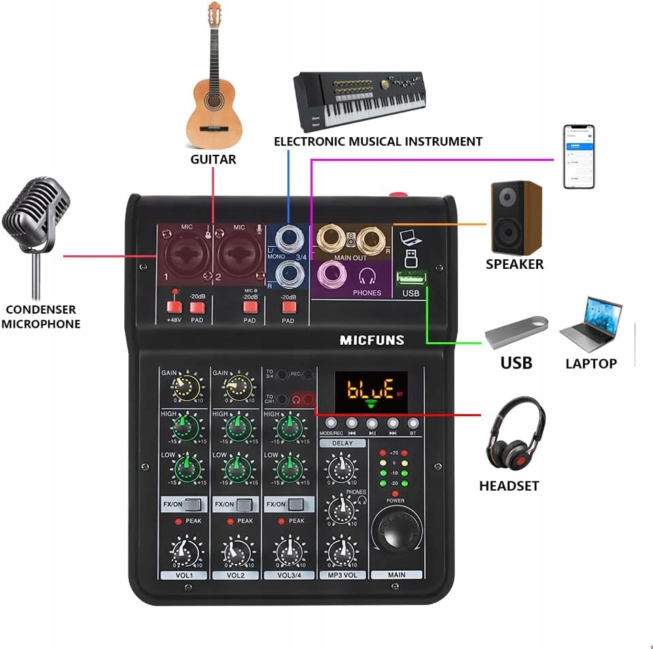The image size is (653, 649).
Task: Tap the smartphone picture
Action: pyautogui.click(x=578, y=156)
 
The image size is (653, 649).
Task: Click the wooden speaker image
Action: pyautogui.click(x=516, y=217)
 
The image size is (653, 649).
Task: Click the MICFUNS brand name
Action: pyautogui.click(x=372, y=340)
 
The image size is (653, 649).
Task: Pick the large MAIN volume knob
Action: pyautogui.click(x=396, y=532)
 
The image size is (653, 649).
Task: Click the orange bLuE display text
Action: pyautogui.click(x=370, y=390)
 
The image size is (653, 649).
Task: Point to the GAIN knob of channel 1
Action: pyautogui.click(x=185, y=388)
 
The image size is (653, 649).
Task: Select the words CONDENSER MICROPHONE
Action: pyautogui.click(x=41, y=316)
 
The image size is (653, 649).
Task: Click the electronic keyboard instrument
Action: pyautogui.click(x=359, y=98)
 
